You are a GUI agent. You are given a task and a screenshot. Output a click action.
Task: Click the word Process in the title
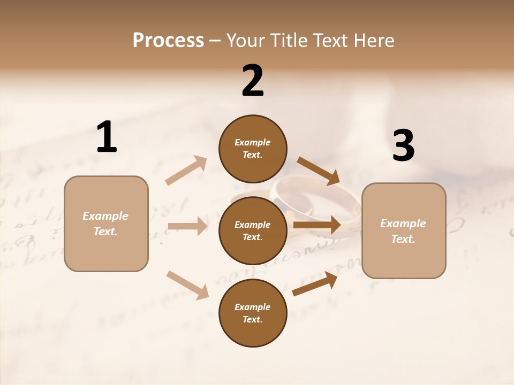pos(168,41)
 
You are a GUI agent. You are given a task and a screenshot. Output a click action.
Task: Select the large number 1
pos(107,137)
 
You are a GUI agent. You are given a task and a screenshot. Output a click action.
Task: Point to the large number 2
pos(253,81)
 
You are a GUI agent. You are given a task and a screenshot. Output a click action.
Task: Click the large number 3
pos(403,145)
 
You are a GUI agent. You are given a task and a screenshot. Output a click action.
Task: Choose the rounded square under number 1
pos(106,224)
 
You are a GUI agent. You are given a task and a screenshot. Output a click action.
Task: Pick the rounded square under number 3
pos(404,230)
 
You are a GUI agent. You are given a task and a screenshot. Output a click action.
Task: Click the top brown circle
pos(253,148)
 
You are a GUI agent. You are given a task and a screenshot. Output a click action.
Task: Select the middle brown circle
pos(253,230)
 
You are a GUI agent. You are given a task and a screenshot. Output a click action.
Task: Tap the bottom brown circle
pos(253,313)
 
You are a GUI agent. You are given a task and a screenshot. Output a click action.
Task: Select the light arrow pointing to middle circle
pos(187,226)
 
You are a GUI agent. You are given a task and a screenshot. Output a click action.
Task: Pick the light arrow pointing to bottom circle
pos(187,284)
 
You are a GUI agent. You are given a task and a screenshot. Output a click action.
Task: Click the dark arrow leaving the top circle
pos(319,171)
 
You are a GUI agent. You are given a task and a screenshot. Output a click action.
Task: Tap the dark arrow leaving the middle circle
pos(317,225)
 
